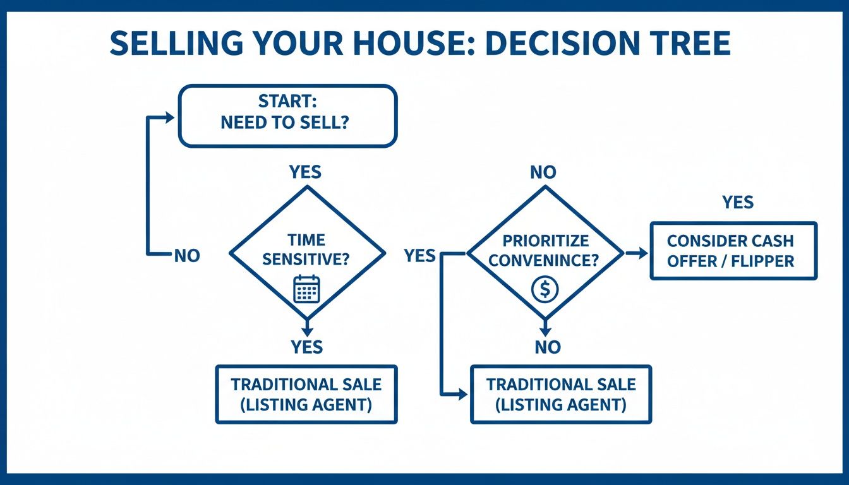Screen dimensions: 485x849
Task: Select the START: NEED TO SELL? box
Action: pyautogui.click(x=287, y=117)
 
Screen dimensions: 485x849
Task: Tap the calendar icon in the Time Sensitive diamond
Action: pyautogui.click(x=307, y=289)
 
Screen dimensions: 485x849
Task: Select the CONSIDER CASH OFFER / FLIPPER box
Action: pyautogui.click(x=733, y=251)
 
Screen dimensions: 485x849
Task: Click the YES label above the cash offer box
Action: pyautogui.click(x=738, y=202)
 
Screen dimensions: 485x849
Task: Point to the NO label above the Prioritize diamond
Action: pyautogui.click(x=543, y=172)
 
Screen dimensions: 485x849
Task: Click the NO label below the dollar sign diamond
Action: pyautogui.click(x=547, y=347)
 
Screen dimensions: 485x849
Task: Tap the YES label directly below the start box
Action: pyautogui.click(x=305, y=172)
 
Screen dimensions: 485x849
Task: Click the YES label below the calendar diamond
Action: pyautogui.click(x=307, y=347)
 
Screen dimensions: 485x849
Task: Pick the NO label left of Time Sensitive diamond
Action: pyautogui.click(x=186, y=256)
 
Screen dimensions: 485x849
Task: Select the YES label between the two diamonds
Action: pyautogui.click(x=420, y=255)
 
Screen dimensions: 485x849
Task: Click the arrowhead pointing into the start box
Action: pyautogui.click(x=169, y=117)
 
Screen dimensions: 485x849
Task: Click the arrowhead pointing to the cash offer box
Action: pyautogui.click(x=643, y=253)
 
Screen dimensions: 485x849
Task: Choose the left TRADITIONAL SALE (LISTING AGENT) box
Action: pyautogui.click(x=306, y=394)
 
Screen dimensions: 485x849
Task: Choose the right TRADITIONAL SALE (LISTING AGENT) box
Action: pyautogui.click(x=561, y=394)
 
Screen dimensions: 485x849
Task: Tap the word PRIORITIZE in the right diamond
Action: pyautogui.click(x=546, y=241)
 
